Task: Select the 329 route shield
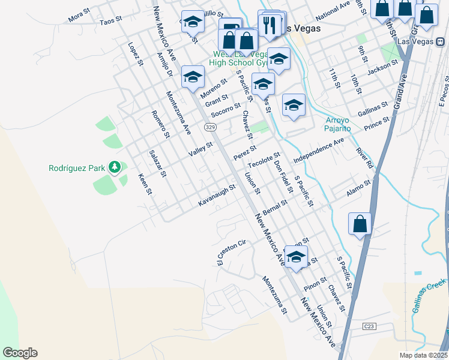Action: [209, 127]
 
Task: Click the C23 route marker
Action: [370, 326]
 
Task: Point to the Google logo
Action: [20, 353]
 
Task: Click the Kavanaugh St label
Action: [217, 195]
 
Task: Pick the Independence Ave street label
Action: [319, 150]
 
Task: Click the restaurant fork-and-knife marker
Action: [268, 24]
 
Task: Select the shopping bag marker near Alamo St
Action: [360, 224]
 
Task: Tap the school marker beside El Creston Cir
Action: [295, 256]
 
